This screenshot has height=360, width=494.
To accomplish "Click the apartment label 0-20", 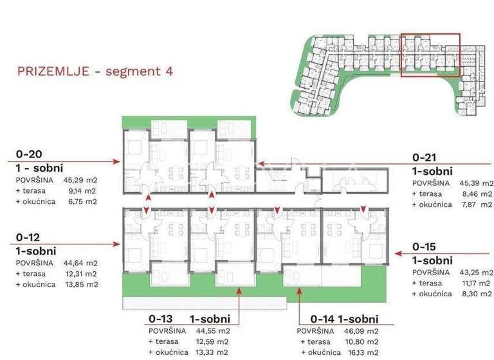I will click(29, 155).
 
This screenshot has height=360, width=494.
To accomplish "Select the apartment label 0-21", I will click(425, 157).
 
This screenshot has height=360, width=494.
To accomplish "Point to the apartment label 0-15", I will click(425, 246).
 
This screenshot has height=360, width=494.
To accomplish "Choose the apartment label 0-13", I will click(161, 318).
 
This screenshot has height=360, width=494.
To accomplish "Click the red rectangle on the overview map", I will click(430, 55).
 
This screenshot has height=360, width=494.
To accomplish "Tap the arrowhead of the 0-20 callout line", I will click(120, 161).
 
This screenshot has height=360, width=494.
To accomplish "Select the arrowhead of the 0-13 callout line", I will click(239, 290).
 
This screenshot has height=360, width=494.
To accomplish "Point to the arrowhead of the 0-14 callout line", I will click(299, 290).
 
